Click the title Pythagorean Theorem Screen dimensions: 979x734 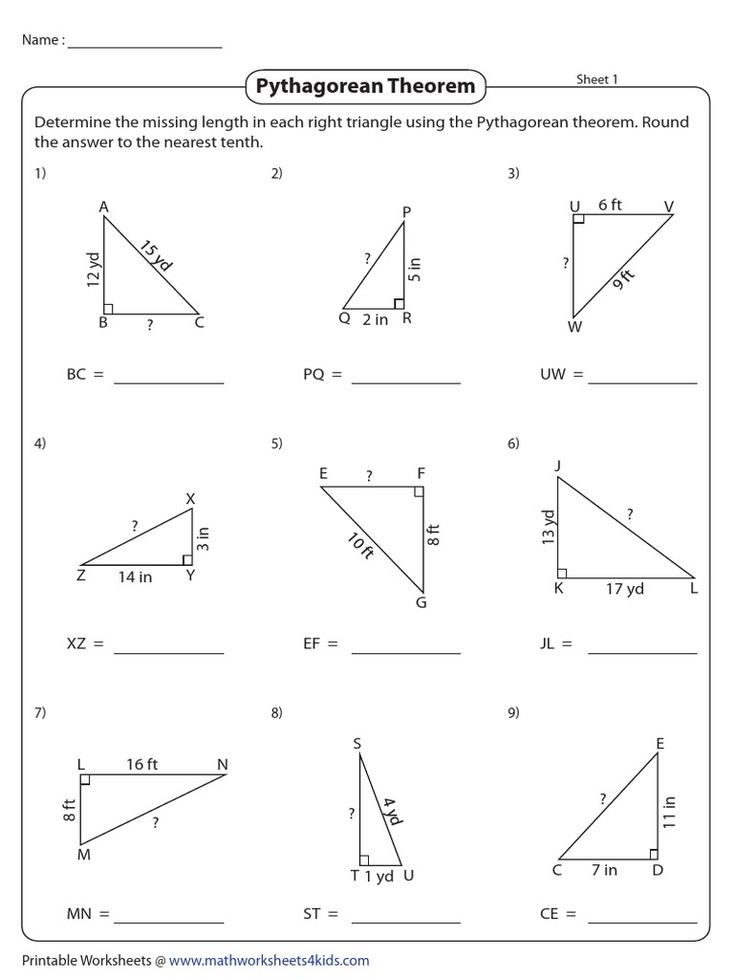[x=364, y=87]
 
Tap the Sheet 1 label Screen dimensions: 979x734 [x=596, y=79]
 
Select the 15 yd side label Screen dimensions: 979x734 [x=156, y=257]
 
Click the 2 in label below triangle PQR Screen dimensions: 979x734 [x=375, y=320]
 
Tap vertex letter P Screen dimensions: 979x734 [x=405, y=211]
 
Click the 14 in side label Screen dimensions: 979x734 [x=135, y=577]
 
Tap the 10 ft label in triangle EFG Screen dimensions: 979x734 [x=360, y=547]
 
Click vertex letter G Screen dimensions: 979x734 [x=421, y=603]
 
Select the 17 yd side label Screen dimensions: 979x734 [x=624, y=589]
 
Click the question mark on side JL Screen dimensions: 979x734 [x=629, y=514]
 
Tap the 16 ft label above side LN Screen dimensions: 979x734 [x=141, y=764]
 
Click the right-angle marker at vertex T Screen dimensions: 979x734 [x=364, y=859]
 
